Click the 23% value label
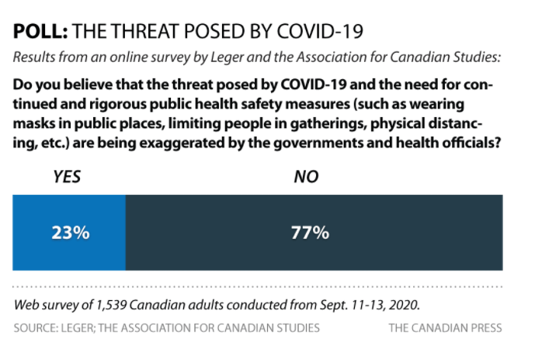tap(69, 233)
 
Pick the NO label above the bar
tap(306, 178)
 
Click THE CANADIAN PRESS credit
tap(445, 328)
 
